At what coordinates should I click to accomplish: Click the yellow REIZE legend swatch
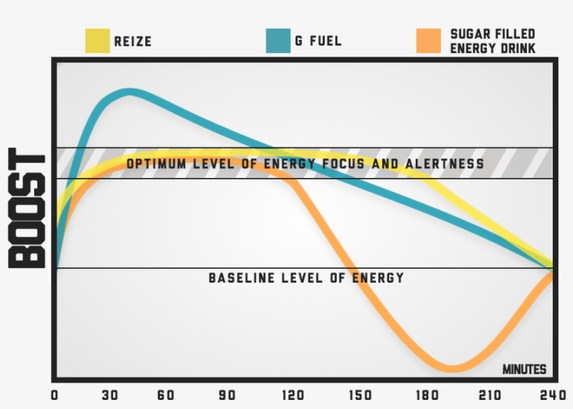(97, 41)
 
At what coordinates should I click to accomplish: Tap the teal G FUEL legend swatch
(278, 41)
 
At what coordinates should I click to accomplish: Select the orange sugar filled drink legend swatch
(428, 41)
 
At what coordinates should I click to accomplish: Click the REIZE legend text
(133, 42)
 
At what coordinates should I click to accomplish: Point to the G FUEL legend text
(318, 41)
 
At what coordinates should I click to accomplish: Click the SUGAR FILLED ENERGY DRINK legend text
(493, 41)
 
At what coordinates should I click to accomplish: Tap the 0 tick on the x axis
(55, 395)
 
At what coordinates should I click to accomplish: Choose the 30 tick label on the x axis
(110, 395)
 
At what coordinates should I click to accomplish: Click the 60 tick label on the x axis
(166, 395)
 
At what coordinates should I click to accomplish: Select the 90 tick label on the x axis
(222, 395)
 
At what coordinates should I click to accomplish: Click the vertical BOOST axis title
(28, 208)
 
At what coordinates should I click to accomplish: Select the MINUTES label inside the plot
(524, 369)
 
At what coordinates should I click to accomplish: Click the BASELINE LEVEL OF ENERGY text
(306, 278)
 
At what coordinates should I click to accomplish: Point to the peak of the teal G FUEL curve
(129, 92)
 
